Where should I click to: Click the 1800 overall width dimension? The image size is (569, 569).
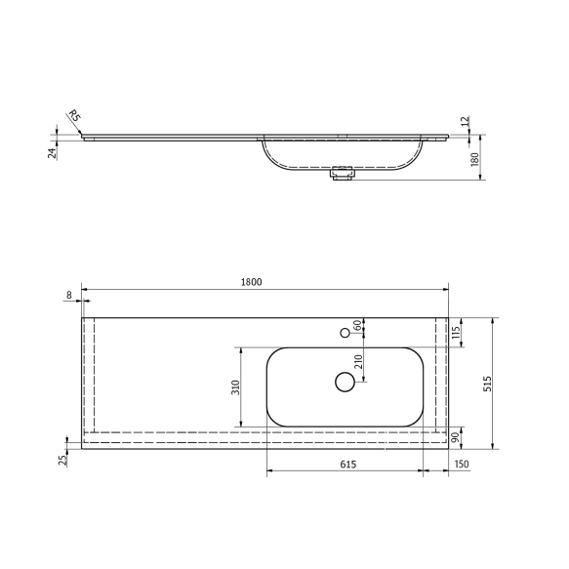(251, 282)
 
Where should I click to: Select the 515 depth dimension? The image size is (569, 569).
(489, 385)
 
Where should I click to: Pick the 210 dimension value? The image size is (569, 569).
(358, 364)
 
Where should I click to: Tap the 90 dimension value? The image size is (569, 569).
(455, 437)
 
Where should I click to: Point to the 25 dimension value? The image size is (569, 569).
(63, 460)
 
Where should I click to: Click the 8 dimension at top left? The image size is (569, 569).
(70, 294)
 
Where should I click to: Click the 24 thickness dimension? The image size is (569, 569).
(51, 150)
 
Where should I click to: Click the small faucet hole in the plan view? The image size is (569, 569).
(345, 333)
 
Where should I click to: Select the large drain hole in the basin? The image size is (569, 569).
(345, 383)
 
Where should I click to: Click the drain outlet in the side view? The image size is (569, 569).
(342, 175)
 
